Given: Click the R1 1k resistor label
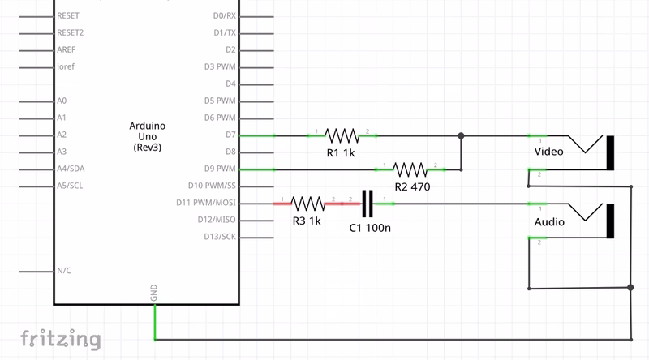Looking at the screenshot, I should coord(341,152).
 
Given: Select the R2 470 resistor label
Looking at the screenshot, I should coord(411,186).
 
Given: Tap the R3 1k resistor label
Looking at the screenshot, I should coord(306,221).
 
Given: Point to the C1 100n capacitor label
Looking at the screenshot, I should coord(370,228).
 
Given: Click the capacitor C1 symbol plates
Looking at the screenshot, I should coord(369,203).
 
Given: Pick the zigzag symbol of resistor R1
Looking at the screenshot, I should coord(342,135).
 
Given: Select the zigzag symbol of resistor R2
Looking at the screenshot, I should coord(410,169).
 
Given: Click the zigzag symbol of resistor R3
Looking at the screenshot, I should coord(307,203).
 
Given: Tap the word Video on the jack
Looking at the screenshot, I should coord(549,152).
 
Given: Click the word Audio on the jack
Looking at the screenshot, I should coord(549,221).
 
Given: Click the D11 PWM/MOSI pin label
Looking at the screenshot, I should coord(206,203).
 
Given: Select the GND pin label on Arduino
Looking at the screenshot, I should coord(153,294).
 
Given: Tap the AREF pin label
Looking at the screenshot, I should coord(67,49).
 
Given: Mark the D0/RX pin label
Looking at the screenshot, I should coord(224,15).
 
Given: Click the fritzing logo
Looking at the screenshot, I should coord(61,338).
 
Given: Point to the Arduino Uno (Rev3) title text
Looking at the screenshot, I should coord(147,137).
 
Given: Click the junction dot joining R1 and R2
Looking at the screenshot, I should coord(461,135).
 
